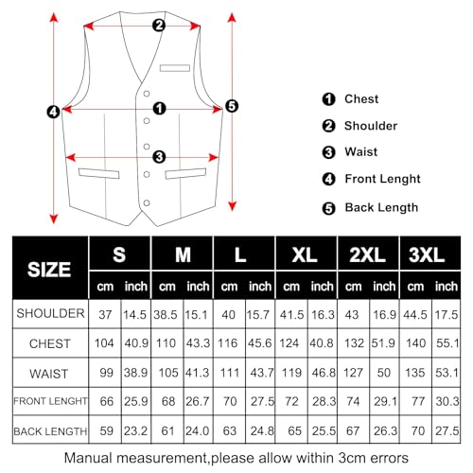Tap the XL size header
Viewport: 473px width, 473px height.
click(x=306, y=255)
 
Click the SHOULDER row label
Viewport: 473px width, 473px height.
click(x=49, y=312)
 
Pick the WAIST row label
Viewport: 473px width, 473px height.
click(x=49, y=372)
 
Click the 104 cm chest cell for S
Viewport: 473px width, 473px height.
click(x=105, y=342)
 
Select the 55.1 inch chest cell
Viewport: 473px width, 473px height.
click(x=447, y=342)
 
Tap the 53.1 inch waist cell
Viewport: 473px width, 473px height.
click(x=447, y=372)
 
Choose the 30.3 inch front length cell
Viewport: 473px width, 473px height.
click(x=447, y=401)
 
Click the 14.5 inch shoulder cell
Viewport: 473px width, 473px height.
click(x=134, y=312)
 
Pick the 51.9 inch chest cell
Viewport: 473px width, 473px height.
click(x=385, y=342)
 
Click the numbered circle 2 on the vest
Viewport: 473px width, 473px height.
click(x=159, y=25)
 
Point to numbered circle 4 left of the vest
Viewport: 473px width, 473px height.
click(x=54, y=111)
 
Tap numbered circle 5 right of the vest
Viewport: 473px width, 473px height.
click(x=233, y=106)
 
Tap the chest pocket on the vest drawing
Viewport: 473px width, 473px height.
click(x=173, y=67)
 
